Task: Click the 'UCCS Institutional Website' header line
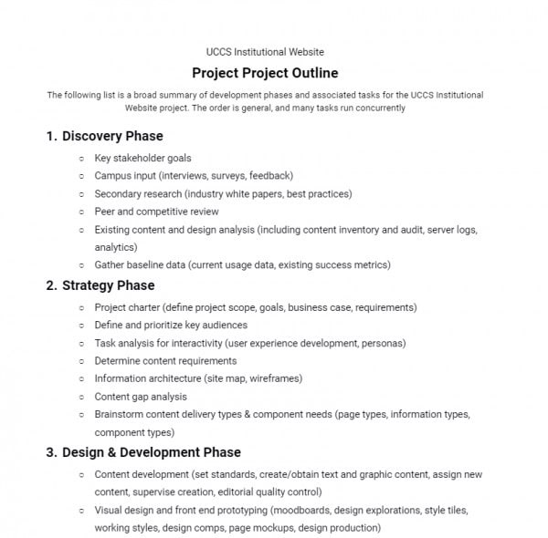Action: coord(265,52)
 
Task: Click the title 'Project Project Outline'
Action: coord(265,73)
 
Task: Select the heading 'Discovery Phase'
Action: coord(112,136)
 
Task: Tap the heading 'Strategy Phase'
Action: coord(109,285)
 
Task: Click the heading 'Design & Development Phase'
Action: coord(152,452)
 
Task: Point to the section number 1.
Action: coord(51,136)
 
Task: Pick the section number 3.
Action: coord(51,452)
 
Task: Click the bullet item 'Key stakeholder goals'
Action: coord(142,158)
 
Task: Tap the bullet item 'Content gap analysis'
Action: coord(141,397)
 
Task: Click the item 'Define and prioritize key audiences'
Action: coord(171,326)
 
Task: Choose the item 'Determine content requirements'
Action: coord(165,361)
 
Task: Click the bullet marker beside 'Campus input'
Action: coord(81,176)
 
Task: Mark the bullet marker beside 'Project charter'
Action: coord(81,308)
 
